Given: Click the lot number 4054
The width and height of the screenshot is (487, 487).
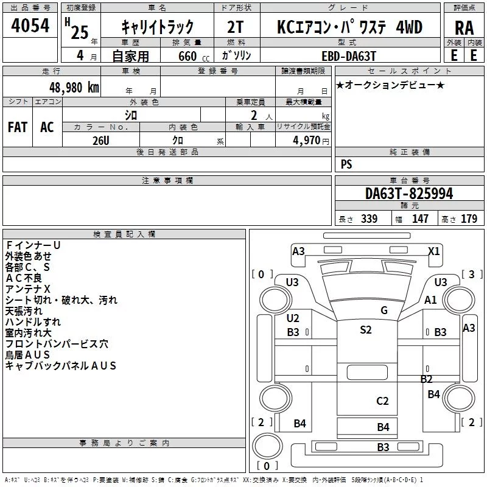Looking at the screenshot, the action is pos(30,26).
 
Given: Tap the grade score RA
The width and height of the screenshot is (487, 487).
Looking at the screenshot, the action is pos(464,28).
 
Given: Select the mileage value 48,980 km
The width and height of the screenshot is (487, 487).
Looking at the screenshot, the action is pos(74,88).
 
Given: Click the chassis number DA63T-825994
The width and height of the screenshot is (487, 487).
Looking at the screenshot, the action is pos(409,194).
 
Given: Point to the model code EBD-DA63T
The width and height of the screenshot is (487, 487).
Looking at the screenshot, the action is pos(349,56).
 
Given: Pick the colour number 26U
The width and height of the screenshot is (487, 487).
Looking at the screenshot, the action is pos(101,141).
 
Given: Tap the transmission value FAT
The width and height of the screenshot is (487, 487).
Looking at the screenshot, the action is pos(18,127).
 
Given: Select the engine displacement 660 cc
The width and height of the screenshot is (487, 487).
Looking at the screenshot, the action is pos(194,57).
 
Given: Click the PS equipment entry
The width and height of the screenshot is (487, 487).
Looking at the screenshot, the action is pos(346,164).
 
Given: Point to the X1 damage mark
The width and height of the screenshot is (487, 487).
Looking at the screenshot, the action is pos(434,251).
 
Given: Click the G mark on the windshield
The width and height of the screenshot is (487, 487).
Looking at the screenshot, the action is pos(384,310).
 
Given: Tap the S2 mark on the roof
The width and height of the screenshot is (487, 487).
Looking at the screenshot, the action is pos(366,329).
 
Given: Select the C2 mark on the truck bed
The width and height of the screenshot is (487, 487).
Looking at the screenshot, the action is pos(382,401).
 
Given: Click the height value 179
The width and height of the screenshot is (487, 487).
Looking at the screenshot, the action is pos(469,219).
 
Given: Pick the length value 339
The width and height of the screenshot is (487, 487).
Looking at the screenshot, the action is pos(369,219).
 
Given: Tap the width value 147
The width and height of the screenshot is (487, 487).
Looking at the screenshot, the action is pos(420,219).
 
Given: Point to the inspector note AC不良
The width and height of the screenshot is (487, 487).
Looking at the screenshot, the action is pos(24,278).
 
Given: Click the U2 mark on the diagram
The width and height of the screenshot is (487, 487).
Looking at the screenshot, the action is pos(293,318).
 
